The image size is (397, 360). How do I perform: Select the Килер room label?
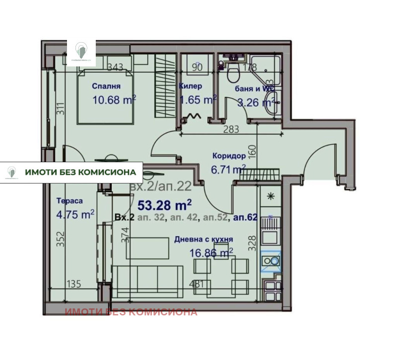tap(190, 86)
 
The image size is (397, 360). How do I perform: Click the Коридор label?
tap(228, 155)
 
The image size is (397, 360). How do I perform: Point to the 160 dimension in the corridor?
tap(251, 150)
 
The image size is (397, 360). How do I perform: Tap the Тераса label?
tap(69, 201)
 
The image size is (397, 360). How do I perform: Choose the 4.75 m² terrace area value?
tap(75, 214)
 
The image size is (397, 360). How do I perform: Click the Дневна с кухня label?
tap(203, 240)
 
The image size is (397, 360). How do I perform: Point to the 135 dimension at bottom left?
tap(73, 284)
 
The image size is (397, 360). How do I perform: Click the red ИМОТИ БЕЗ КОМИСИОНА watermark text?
tap(131, 312)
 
